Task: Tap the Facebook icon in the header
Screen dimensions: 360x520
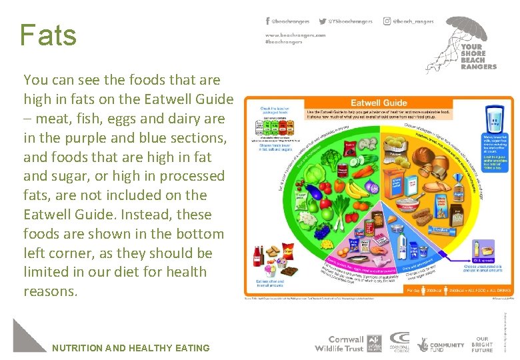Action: click(268, 21)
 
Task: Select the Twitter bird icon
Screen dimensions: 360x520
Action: click(323, 21)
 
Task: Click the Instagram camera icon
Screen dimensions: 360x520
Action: click(387, 21)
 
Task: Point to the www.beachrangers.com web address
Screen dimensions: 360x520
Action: click(295, 34)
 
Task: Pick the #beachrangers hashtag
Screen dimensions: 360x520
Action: click(284, 41)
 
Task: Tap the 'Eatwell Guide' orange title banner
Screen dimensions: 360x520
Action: click(380, 103)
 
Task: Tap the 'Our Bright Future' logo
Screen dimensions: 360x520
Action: click(483, 344)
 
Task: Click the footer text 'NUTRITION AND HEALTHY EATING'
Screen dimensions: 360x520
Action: click(131, 347)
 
